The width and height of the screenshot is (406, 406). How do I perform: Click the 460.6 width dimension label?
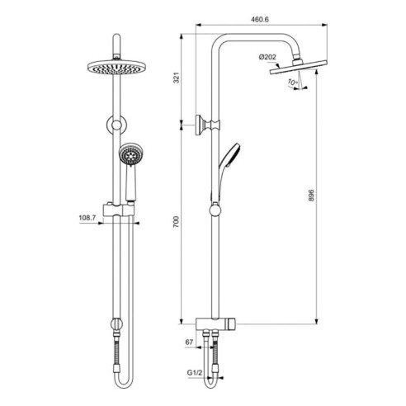[x=260, y=19]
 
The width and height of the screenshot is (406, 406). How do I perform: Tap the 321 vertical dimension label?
[x=177, y=78]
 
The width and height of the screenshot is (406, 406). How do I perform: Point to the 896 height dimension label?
[x=311, y=196]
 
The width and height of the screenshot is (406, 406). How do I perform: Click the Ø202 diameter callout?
[x=267, y=57]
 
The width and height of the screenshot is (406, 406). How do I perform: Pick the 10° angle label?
[x=293, y=82]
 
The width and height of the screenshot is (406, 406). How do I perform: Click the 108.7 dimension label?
[x=87, y=218]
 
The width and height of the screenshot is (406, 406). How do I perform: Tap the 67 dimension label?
[x=189, y=342]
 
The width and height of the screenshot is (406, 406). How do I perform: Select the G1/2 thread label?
[x=195, y=373]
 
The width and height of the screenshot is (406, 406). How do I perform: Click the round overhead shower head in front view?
[x=117, y=67]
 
